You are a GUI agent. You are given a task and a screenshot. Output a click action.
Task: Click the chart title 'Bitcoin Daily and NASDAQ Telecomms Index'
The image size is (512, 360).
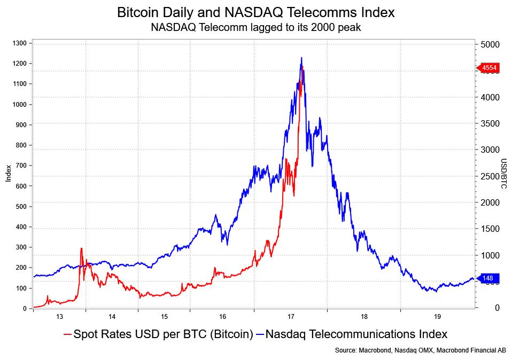255,12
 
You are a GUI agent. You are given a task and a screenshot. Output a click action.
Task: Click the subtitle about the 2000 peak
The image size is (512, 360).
255,27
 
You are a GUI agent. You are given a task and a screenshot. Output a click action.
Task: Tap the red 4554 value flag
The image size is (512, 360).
488,68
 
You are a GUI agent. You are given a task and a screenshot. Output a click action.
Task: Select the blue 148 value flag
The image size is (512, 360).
488,278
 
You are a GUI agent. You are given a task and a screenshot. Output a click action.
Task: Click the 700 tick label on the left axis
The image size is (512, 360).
21,166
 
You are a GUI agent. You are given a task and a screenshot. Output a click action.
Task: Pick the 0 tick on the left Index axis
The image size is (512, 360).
25,309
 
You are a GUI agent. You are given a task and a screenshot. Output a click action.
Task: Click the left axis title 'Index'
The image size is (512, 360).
9,174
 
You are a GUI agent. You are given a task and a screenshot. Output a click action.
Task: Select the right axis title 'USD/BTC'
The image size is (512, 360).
503,174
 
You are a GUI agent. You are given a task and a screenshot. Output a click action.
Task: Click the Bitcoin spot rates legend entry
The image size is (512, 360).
158,334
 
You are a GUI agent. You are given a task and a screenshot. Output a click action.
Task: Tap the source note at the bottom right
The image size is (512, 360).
420,350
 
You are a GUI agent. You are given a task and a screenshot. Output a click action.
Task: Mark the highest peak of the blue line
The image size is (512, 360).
301,58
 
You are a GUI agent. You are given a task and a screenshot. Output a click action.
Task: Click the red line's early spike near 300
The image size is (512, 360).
81,248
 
